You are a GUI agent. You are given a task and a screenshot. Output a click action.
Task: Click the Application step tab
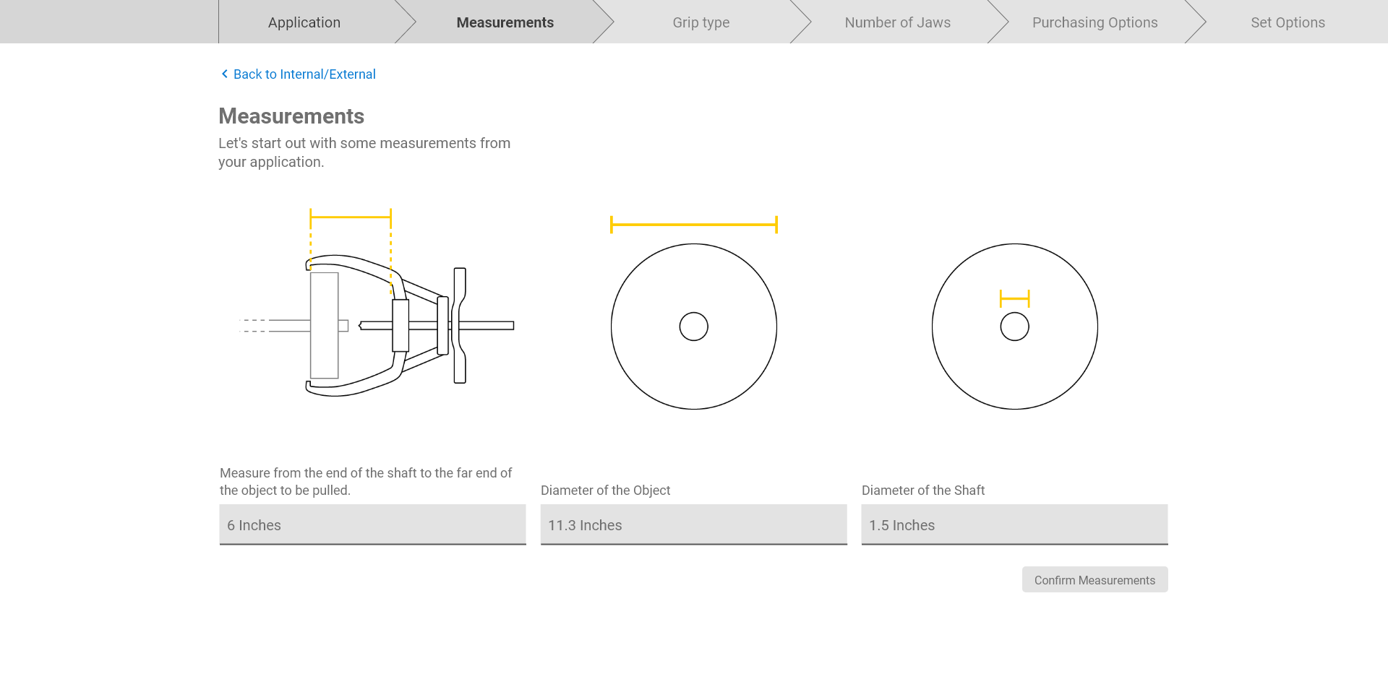tap(304, 22)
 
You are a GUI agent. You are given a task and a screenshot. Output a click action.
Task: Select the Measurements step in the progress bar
tap(505, 22)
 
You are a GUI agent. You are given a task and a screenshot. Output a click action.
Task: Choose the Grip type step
tap(701, 22)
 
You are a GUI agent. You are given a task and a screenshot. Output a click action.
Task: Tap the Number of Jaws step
tap(898, 22)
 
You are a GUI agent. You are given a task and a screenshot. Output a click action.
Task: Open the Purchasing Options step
tap(1095, 22)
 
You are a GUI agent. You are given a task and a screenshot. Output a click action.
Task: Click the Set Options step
tap(1288, 22)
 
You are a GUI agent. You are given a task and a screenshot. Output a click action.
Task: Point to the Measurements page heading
tap(291, 116)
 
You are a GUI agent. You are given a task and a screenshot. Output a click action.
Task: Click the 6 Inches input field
tap(372, 524)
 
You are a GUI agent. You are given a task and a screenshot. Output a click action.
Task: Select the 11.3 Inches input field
tap(693, 524)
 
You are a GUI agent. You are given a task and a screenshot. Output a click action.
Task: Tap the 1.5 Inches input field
tap(1014, 524)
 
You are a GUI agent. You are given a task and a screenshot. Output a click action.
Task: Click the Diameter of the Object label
tap(606, 491)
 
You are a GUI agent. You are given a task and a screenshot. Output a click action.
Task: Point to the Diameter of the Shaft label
tap(923, 491)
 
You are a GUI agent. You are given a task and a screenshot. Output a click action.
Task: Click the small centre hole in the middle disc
tap(694, 312)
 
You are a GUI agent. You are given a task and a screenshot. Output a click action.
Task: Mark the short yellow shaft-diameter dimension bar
tap(1015, 298)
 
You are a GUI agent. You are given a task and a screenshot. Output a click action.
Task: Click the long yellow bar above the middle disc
tap(694, 225)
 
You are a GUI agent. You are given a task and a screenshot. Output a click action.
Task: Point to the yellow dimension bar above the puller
tap(351, 217)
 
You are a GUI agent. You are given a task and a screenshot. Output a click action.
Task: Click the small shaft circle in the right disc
tap(1015, 312)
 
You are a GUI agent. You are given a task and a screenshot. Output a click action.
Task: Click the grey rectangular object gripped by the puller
tap(325, 325)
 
